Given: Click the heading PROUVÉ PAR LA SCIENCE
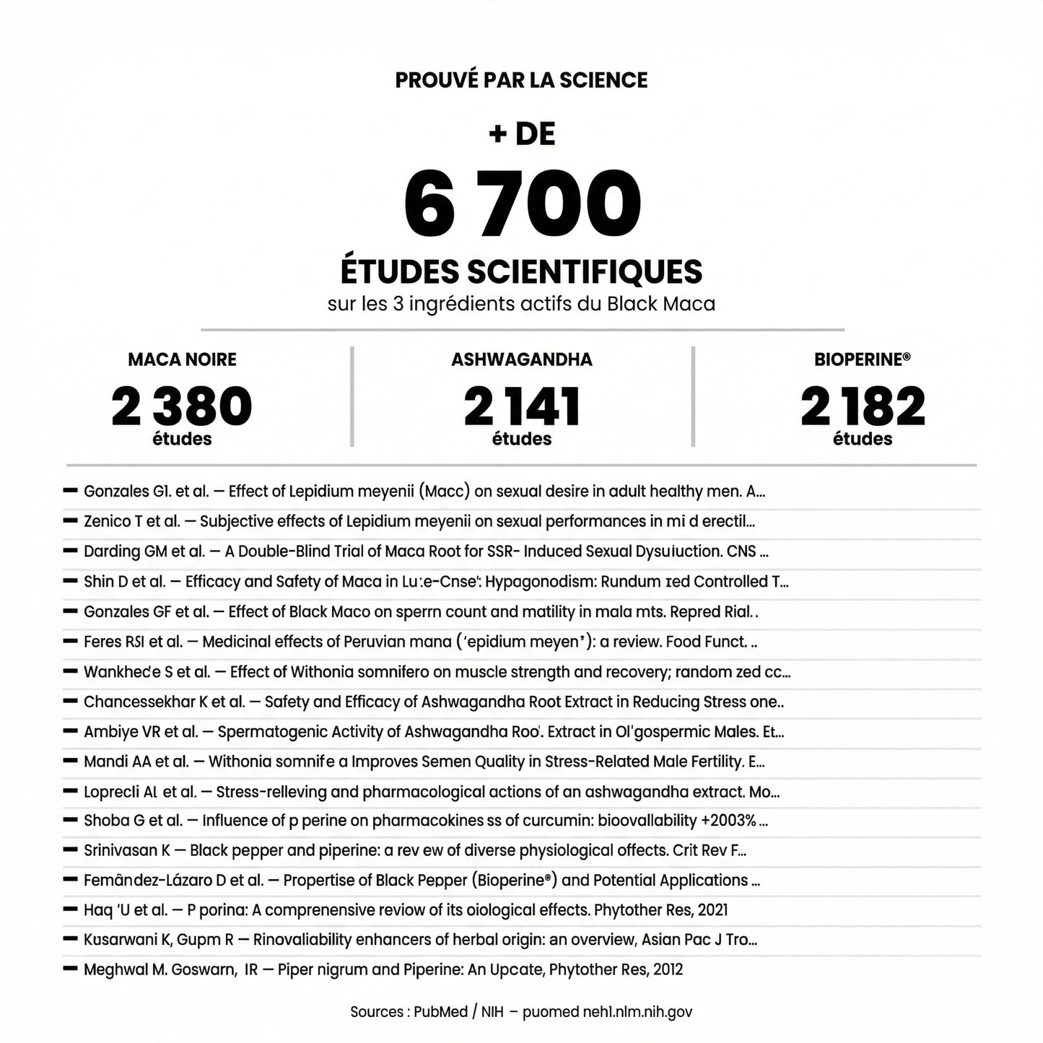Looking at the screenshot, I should [x=521, y=79].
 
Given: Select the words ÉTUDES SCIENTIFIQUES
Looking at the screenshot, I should [x=521, y=272].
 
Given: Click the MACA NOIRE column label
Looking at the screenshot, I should [x=182, y=359].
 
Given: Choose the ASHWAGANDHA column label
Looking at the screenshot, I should [x=522, y=359].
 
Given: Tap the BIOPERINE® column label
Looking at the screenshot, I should [x=863, y=359].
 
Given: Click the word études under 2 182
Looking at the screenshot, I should [x=863, y=439].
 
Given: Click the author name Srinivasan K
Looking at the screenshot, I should [x=127, y=850].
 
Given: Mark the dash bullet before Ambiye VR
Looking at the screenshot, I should [x=70, y=731].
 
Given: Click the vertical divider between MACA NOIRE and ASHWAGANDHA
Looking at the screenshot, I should [x=352, y=397].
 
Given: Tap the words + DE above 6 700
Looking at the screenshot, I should [x=522, y=134].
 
